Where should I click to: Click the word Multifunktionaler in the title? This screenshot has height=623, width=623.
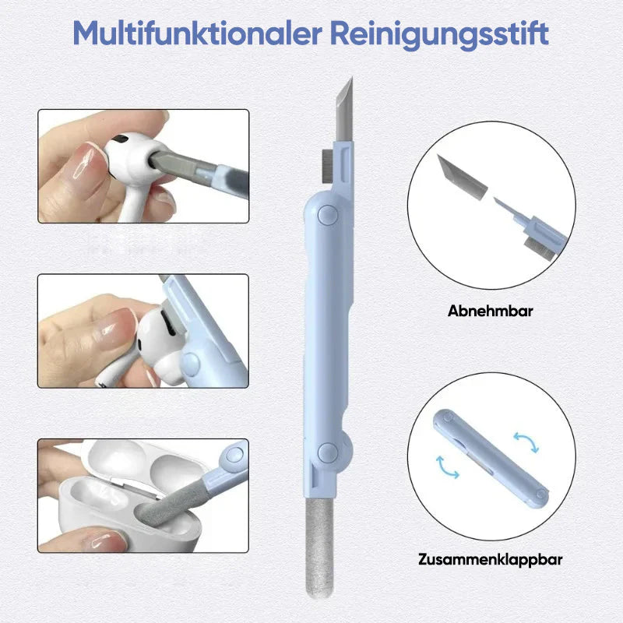[198, 34]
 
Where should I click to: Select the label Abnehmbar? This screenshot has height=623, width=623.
[491, 311]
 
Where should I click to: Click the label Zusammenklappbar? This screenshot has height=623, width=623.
[491, 559]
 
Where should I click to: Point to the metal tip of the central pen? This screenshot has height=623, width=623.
[345, 109]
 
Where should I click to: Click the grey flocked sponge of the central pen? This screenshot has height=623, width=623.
[319, 547]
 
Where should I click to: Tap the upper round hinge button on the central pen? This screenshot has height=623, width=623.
[328, 215]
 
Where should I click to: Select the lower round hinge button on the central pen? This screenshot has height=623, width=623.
[328, 452]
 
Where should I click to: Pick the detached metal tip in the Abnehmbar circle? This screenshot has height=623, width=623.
[462, 178]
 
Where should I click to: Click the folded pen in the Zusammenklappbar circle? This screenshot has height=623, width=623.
[491, 459]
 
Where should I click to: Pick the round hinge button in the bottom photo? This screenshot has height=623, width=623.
[234, 455]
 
